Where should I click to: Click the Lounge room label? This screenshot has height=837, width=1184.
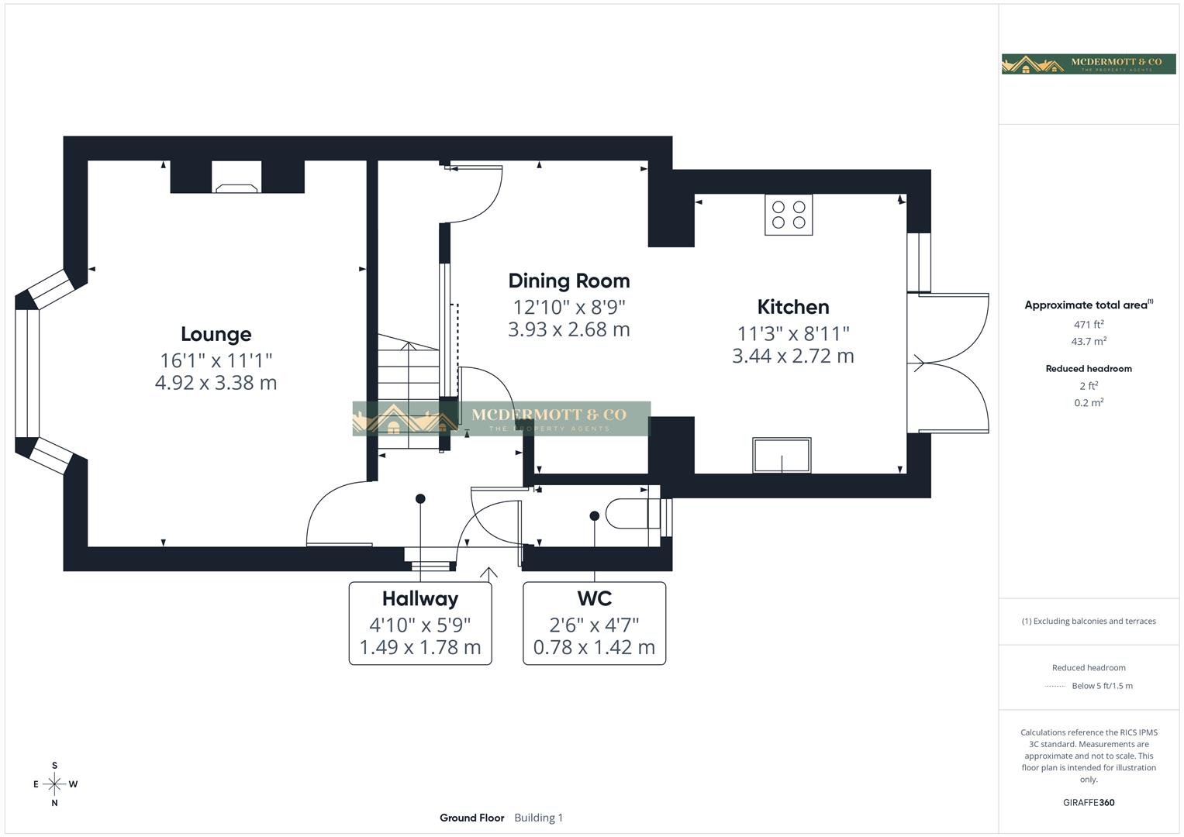tap(216, 334)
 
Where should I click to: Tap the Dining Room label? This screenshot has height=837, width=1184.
tap(568, 281)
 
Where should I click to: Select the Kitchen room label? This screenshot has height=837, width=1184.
tap(792, 307)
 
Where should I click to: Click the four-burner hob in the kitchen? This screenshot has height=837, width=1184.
tap(789, 215)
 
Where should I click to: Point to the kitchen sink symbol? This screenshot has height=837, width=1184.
tap(782, 455)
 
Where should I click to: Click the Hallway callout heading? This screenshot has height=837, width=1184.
tap(419, 598)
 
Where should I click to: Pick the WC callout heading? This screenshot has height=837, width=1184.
tap(594, 598)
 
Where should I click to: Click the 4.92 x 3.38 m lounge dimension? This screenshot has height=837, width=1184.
tap(216, 383)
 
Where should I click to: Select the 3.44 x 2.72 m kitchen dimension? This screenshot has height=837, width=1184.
tap(792, 356)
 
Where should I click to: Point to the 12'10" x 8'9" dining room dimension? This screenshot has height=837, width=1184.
tap(568, 307)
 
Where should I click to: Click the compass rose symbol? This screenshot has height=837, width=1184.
tap(54, 784)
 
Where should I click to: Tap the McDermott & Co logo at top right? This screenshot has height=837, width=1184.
tap(1088, 64)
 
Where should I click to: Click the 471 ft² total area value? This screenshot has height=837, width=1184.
tap(1088, 325)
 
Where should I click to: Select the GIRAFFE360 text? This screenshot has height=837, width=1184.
tap(1088, 802)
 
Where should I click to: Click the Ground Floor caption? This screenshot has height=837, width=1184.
tap(471, 818)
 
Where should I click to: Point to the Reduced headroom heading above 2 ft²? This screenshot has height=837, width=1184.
tap(1088, 369)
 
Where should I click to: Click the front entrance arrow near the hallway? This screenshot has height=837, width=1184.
tap(488, 573)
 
